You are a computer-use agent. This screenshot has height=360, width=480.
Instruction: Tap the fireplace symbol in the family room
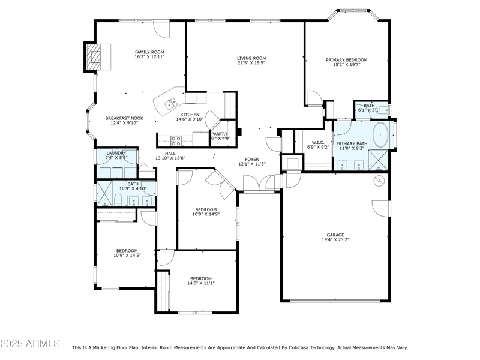tap(92, 58)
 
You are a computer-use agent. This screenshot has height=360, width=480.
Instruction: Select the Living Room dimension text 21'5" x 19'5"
tap(251, 63)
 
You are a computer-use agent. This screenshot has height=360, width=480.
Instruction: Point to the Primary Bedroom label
tap(346, 60)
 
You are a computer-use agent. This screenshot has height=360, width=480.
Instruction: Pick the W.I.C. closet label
tap(318, 142)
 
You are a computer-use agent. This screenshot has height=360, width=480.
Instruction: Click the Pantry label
tap(219, 134)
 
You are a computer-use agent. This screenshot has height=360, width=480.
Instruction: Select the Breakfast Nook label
tap(124, 118)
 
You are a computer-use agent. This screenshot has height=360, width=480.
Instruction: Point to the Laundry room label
tap(116, 153)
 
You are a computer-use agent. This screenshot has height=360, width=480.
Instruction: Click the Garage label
tap(335, 235)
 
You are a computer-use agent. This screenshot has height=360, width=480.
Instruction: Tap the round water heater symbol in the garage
tap(379, 180)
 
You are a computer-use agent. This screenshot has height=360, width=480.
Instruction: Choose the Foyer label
tap(251, 159)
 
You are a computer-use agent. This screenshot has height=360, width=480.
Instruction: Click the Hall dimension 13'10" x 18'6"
tap(170, 158)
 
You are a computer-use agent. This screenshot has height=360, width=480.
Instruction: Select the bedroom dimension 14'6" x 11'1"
tap(201, 283)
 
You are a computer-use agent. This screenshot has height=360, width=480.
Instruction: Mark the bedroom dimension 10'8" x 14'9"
tap(206, 214)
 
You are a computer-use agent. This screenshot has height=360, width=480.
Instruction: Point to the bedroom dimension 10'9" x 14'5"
tap(127, 256)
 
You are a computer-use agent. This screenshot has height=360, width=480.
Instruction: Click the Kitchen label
tap(190, 115)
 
